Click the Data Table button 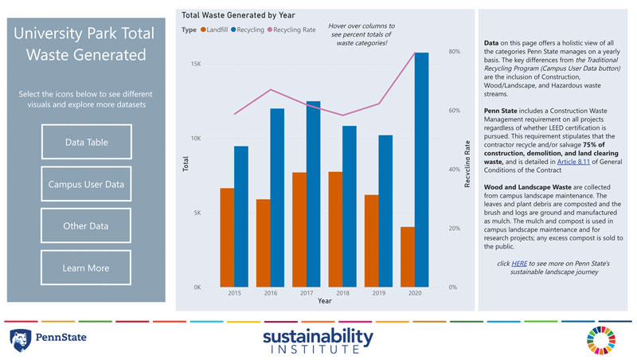coord(86,143)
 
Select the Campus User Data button coord(86,185)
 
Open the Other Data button coord(86,226)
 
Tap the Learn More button coord(86,268)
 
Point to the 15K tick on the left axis coord(196,64)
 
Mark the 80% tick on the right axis coord(455,52)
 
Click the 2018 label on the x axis coord(342,294)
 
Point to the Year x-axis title coord(325,301)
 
